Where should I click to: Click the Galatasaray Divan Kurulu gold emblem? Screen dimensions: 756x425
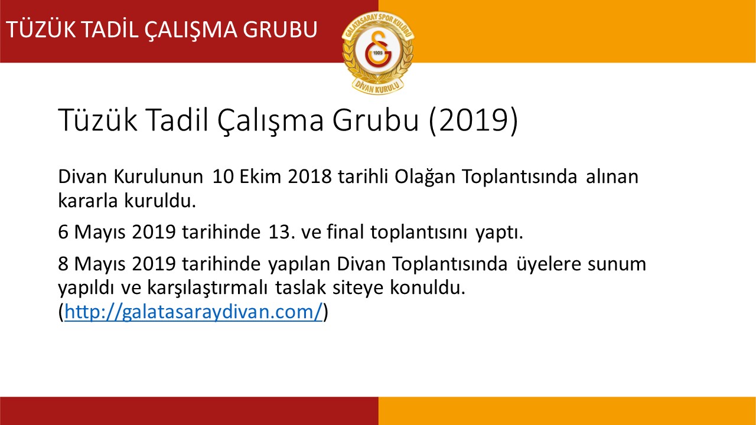pyautogui.click(x=378, y=53)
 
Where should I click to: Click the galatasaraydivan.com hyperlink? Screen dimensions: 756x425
pyautogui.click(x=193, y=311)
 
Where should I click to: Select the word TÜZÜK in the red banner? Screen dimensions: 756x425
pyautogui.click(x=41, y=29)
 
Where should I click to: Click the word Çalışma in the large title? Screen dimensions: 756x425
pyautogui.click(x=271, y=121)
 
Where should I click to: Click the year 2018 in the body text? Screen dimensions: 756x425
pyautogui.click(x=310, y=176)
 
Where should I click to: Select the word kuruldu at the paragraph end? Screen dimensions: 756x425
pyautogui.click(x=161, y=200)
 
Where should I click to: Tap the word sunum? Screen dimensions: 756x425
pyautogui.click(x=617, y=264)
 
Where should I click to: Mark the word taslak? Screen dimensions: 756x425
pyautogui.click(x=301, y=287)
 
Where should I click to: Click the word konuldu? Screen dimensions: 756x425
pyautogui.click(x=428, y=287)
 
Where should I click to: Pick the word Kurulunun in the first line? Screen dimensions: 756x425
pyautogui.click(x=158, y=176)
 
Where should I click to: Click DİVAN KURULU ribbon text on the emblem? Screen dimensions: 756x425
pyautogui.click(x=378, y=87)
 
